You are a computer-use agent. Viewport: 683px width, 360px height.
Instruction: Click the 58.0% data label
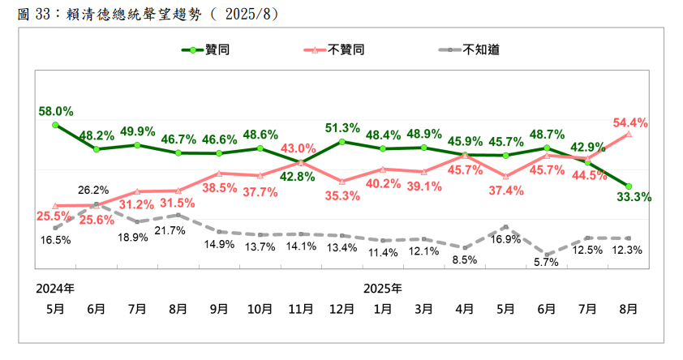click(x=55, y=111)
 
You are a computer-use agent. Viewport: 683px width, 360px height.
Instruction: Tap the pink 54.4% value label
click(x=630, y=122)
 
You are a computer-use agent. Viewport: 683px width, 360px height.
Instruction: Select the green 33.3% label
click(x=634, y=197)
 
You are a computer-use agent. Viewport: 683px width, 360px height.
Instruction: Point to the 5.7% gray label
click(x=548, y=263)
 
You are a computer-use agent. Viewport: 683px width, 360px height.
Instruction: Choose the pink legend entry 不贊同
click(x=347, y=49)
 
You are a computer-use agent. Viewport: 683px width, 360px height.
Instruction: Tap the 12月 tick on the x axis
click(x=341, y=308)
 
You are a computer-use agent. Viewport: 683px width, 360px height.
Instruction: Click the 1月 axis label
click(x=383, y=308)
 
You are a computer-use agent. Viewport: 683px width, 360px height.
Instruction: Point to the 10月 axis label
click(x=260, y=308)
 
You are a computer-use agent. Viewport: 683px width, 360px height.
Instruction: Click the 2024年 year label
click(x=55, y=288)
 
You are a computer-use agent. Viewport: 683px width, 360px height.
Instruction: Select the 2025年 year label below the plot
click(x=382, y=288)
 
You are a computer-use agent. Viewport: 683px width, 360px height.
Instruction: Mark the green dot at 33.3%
click(x=629, y=186)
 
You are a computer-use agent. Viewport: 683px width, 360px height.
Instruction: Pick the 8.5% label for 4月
click(x=465, y=261)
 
